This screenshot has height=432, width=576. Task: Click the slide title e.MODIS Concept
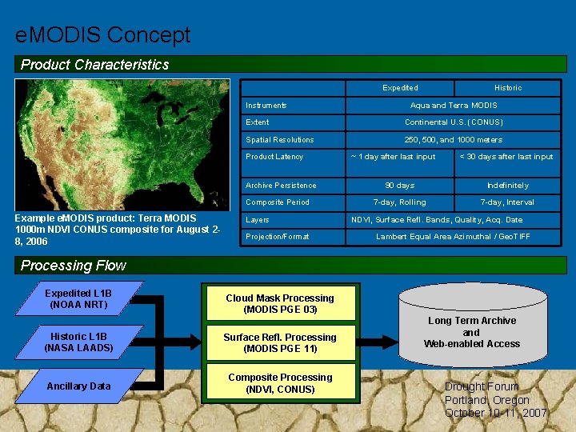coord(103,35)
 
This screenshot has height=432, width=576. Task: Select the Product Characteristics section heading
coord(95,65)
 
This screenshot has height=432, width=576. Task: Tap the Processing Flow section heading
coord(74,266)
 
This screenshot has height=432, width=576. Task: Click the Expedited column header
coord(400,88)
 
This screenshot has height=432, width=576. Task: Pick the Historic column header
coord(508,88)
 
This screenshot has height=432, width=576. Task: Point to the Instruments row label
coord(266,106)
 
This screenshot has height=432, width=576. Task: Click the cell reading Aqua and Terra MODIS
coord(454,106)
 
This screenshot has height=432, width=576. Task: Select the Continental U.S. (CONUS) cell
coord(454,122)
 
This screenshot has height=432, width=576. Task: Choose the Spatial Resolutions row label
coord(280,140)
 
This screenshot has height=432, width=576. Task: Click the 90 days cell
coord(400,186)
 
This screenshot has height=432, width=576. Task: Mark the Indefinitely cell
coord(508,186)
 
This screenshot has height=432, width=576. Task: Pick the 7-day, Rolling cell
coord(400,202)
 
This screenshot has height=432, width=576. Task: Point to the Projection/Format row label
coord(277,237)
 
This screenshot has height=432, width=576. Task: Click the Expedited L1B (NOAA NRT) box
coord(78,299)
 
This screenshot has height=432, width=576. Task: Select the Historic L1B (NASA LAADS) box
coord(78,342)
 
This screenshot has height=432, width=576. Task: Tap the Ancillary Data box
coord(78,386)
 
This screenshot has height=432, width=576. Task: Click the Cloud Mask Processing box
coord(280,304)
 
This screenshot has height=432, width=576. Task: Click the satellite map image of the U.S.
coord(122,144)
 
